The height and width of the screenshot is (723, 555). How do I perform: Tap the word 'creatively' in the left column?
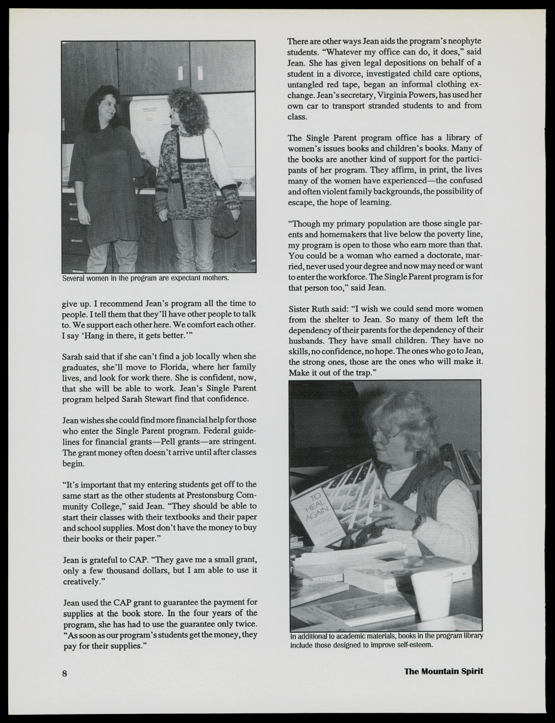pyautogui.click(x=81, y=581)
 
